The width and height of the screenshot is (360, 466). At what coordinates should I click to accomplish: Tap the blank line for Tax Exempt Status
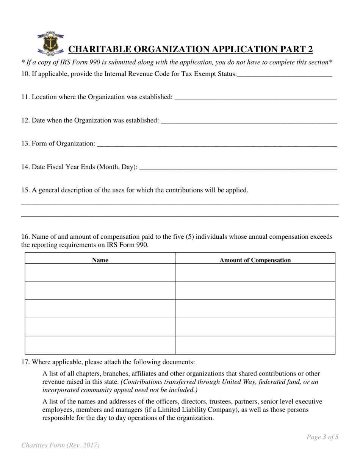coord(285,75)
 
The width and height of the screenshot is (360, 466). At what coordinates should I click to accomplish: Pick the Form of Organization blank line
coord(217,144)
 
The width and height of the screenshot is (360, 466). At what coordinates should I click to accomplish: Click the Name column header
coord(100,260)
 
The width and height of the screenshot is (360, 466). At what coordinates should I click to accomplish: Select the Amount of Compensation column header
coord(255,260)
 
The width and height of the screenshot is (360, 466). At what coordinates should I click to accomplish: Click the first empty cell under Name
coord(100,273)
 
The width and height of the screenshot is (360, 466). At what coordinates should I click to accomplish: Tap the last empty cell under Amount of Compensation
coord(255,345)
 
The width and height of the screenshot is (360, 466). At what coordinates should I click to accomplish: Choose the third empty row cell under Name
coord(100,309)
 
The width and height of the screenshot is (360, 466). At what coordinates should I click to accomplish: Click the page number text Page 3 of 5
coord(322,437)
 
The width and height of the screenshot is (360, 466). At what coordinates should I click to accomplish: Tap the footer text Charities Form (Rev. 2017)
coord(61,446)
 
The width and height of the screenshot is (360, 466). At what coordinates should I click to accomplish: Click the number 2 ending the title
coord(310,50)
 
